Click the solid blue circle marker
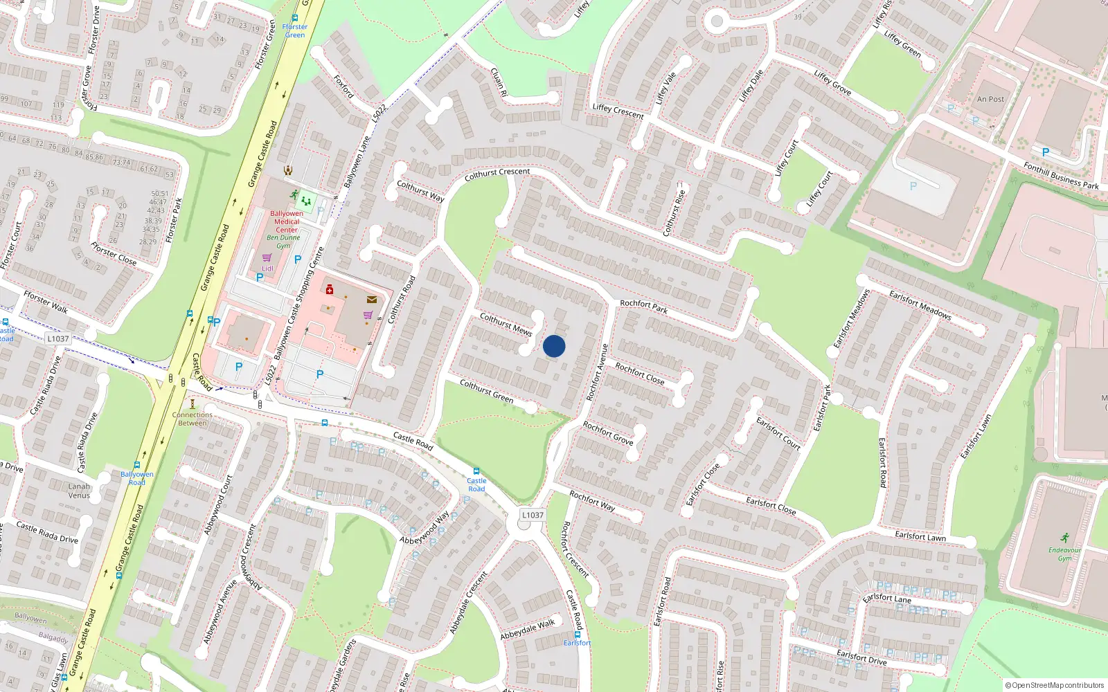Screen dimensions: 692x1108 click(554, 346)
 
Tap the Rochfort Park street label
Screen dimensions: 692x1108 click(643, 307)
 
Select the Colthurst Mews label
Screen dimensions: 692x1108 click(506, 324)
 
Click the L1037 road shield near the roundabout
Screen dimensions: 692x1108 click(533, 515)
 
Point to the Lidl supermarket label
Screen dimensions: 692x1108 click(267, 268)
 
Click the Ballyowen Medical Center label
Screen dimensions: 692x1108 click(287, 221)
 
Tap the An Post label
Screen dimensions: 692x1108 click(990, 99)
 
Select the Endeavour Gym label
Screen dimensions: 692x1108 click(1064, 554)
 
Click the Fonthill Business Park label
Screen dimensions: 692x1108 click(1061, 175)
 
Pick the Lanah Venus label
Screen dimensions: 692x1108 click(79, 491)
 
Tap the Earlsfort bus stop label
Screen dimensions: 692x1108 click(577, 643)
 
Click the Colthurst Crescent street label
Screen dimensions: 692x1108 click(497, 174)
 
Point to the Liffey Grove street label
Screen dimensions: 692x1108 click(832, 82)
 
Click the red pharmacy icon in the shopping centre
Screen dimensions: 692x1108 click(329, 289)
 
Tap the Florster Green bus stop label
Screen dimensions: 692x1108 click(294, 30)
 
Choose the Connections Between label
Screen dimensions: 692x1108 click(193, 419)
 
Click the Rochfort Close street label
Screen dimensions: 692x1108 click(640, 374)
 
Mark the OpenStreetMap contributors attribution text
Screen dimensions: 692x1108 click(1055, 685)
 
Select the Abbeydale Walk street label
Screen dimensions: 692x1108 click(528, 629)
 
